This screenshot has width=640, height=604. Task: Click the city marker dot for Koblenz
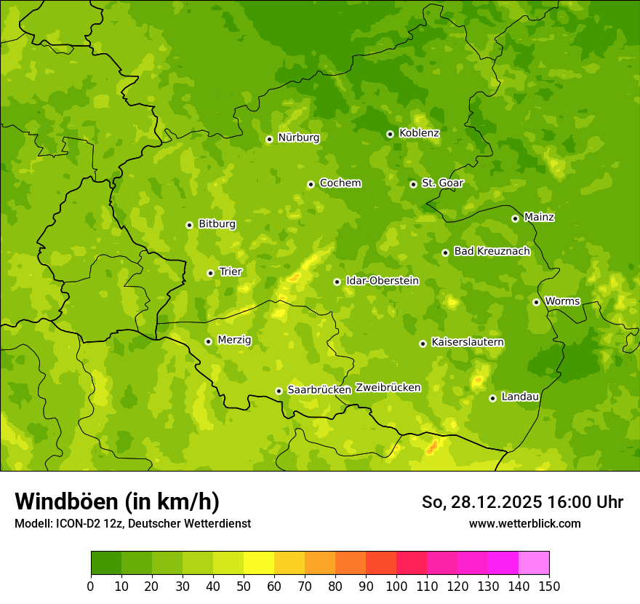click(390, 134)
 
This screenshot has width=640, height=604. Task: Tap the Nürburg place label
click(298, 138)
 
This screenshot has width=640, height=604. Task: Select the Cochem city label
click(340, 183)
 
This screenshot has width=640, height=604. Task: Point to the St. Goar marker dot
click(413, 184)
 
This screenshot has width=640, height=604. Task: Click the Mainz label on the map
click(539, 218)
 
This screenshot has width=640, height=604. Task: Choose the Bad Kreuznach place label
click(492, 252)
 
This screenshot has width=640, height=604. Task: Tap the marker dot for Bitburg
click(189, 225)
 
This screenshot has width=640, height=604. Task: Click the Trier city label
click(231, 272)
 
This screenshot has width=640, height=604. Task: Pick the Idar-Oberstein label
click(382, 281)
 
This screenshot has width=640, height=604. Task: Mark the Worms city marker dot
click(536, 302)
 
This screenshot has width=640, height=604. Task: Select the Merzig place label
click(234, 341)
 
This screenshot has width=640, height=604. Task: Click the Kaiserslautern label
click(468, 343)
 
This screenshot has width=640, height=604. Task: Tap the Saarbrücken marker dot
click(279, 391)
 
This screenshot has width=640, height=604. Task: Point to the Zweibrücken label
click(388, 388)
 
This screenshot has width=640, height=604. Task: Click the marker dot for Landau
click(492, 398)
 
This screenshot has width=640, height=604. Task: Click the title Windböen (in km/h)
click(116, 502)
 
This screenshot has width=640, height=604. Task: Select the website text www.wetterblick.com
click(524, 524)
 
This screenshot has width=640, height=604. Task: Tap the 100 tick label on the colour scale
click(396, 586)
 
